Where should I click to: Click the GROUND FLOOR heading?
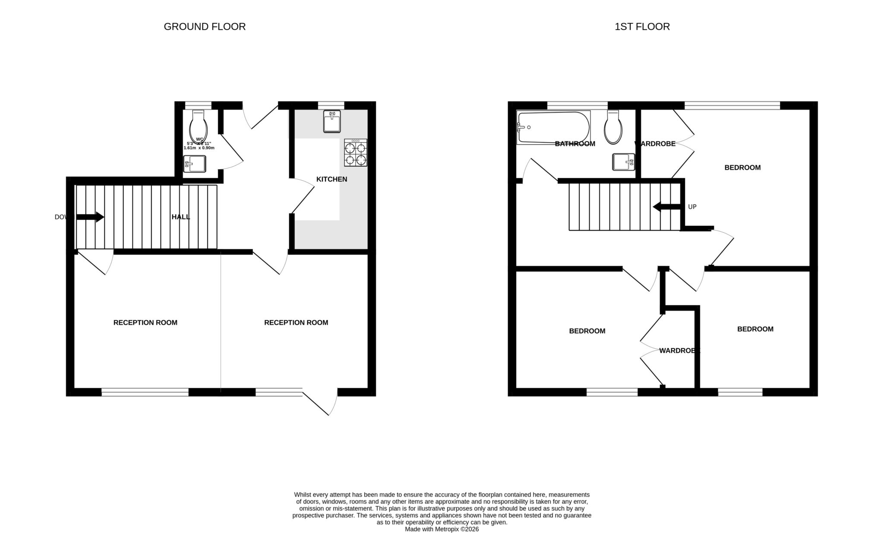[205, 27]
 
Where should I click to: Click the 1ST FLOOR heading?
[642, 27]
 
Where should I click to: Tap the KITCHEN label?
[331, 179]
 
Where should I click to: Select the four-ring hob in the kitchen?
[356, 153]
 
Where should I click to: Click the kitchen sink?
[331, 121]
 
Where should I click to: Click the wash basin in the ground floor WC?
[194, 164]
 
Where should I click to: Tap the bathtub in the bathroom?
[553, 127]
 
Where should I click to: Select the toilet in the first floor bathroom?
[613, 128]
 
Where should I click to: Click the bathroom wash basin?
[623, 162]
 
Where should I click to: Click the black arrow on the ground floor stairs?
[90, 217]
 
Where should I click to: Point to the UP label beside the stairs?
[692, 207]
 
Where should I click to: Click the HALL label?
[180, 217]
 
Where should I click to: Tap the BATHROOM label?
[575, 144]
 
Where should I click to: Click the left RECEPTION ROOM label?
[145, 322]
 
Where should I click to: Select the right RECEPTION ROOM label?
[296, 322]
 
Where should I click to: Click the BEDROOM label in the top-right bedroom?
[742, 167]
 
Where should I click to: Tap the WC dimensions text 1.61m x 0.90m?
[199, 148]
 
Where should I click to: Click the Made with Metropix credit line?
[442, 529]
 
